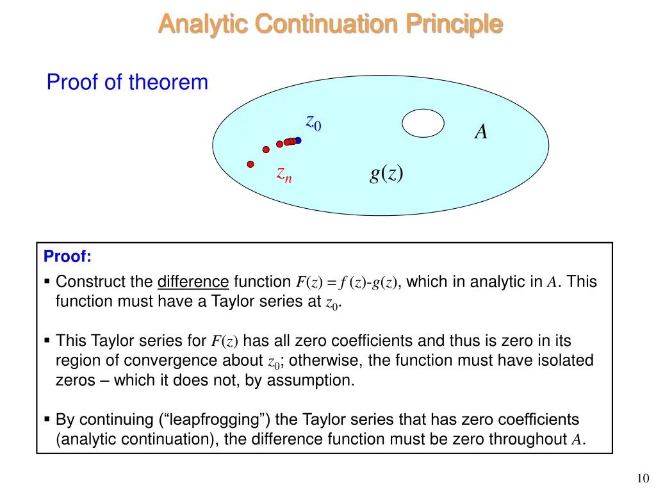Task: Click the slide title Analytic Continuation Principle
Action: pos(330,24)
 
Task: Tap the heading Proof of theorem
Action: pos(127,83)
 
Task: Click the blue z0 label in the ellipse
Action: pos(313,122)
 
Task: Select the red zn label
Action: pos(284,173)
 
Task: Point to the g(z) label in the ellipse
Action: pos(386,172)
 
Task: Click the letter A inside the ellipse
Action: pos(480,132)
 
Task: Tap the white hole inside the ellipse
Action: pos(423,123)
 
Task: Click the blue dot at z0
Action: pos(298,140)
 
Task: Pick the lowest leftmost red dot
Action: pos(250,163)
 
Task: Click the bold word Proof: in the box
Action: pos(67,257)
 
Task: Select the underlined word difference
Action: pos(193,281)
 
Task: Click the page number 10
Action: pos(643,477)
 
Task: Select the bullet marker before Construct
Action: pos(47,282)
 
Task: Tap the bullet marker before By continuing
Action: pos(47,420)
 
